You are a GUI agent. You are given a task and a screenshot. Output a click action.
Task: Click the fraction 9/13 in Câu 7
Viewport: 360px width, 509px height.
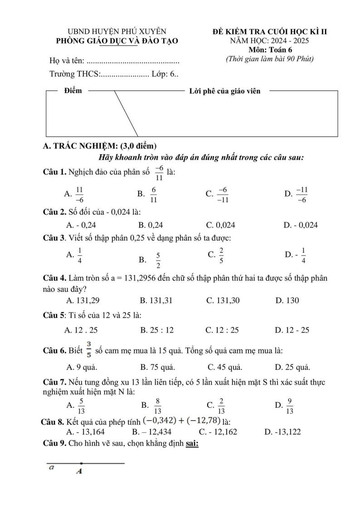[290, 406]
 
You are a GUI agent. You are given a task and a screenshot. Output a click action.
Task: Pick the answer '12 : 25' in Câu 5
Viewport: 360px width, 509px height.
[222, 330]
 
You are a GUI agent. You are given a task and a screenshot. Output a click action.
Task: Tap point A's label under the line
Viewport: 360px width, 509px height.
[79, 471]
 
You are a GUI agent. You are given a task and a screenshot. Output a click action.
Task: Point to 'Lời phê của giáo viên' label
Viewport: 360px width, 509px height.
[224, 91]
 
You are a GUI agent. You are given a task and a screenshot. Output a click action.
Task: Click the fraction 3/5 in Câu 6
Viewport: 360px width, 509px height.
[89, 349]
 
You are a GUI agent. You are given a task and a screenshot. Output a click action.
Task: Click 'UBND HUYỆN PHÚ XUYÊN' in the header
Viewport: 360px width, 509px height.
[117, 32]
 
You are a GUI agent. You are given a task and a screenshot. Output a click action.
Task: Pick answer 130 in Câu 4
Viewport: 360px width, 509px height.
[287, 300]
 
